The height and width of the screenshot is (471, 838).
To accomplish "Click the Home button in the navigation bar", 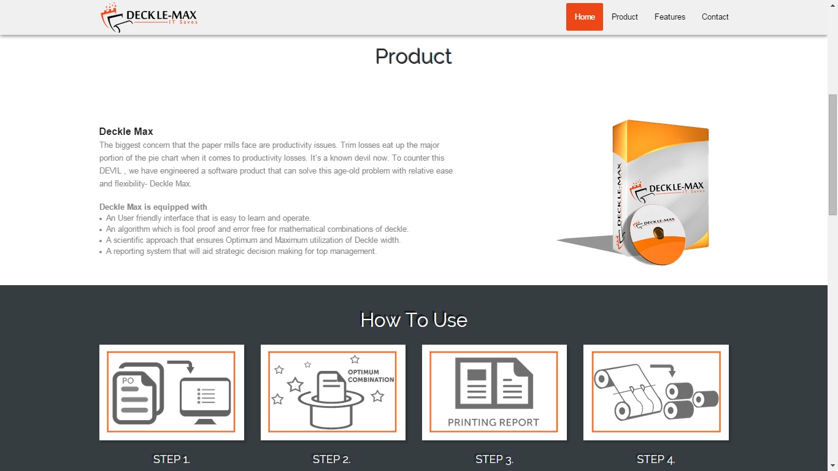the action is tap(585, 17).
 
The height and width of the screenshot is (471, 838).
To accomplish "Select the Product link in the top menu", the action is tap(625, 17).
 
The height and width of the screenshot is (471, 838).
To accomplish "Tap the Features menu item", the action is tap(670, 17).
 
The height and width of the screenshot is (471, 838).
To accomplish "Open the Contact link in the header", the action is tap(715, 17).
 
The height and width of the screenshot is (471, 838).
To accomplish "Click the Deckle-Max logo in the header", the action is tap(149, 18).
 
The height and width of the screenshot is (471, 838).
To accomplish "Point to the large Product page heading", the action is tap(413, 56).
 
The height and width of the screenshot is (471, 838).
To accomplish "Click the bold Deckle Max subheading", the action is tap(126, 131).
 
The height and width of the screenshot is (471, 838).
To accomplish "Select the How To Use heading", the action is tap(413, 320).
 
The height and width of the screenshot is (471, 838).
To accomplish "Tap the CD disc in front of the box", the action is tap(657, 235).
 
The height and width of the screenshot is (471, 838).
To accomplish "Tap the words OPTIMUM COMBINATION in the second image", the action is tap(371, 376).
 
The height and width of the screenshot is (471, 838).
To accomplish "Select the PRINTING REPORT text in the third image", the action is tap(493, 423).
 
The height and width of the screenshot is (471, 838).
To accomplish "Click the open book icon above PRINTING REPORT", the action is tap(494, 383).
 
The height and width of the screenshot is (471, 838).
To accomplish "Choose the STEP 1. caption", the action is tap(171, 459).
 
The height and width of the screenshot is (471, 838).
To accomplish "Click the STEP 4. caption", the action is tap(656, 459).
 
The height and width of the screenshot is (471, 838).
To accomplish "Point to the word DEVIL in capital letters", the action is tap(110, 171).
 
